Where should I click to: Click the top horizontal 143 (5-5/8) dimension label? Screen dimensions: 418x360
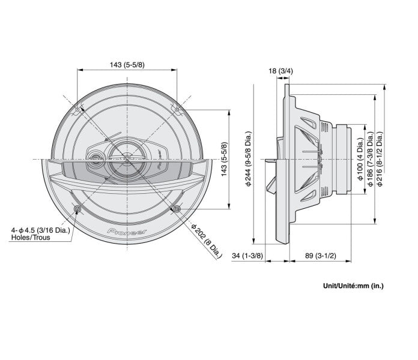pos(127,65)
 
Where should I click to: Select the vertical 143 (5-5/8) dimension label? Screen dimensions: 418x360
pos(225,159)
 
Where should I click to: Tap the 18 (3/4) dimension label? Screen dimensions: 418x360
pos(280,71)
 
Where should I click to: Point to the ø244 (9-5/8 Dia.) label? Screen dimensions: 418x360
pos(249,158)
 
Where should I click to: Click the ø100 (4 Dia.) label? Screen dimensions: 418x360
pos(361,159)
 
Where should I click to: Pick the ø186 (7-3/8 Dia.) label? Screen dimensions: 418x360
pos(371,159)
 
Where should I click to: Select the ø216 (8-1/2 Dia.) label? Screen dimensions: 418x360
pos(380,159)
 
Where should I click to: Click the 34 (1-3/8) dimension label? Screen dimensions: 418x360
pos(247,256)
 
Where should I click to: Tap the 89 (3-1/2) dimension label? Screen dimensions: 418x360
pos(321,256)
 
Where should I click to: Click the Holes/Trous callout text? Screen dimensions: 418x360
pos(31,237)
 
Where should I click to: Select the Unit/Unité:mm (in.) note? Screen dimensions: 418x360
pos(353,286)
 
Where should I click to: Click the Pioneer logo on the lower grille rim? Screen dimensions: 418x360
pos(127,232)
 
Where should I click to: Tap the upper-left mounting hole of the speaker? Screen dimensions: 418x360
pos(77,110)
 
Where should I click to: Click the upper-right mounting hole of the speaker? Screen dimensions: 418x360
pos(177,110)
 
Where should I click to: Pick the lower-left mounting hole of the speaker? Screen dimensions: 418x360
pos(77,209)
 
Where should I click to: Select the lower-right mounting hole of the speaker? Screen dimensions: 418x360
pos(177,209)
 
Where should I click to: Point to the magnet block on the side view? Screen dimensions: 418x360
pos(344,159)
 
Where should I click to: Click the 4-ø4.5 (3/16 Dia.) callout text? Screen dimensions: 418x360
pos(40,230)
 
